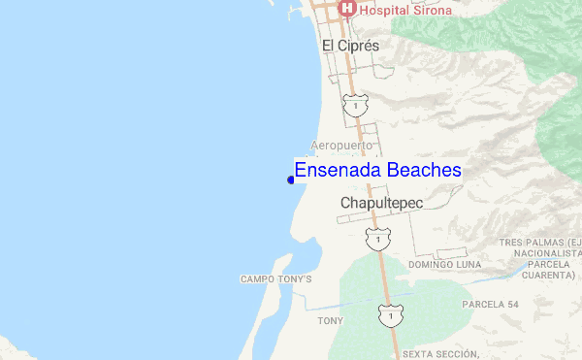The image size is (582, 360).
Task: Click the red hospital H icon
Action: point(346,9)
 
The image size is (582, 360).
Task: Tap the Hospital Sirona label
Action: point(399,10)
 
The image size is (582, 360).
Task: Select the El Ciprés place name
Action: point(350,46)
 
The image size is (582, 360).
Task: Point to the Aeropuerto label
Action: point(339,145)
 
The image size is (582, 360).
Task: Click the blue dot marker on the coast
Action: point(291,180)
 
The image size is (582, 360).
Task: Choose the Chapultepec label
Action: point(383,203)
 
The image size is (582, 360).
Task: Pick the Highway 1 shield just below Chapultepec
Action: point(375,236)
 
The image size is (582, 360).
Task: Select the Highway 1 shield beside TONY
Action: point(390,316)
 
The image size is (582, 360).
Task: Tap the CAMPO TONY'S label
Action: point(276,279)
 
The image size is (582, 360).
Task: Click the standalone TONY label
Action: point(331,320)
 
